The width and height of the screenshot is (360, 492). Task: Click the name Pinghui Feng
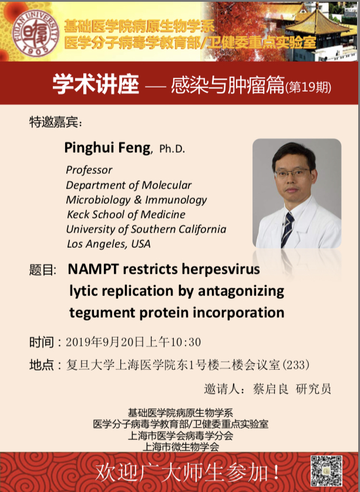(107, 147)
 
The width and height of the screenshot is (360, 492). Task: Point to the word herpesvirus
(223, 270)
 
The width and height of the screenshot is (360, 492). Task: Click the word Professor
(89, 170)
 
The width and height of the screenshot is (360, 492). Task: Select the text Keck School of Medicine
(126, 214)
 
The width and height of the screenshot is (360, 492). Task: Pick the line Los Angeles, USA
(108, 244)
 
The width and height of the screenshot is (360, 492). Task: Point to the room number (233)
(296, 365)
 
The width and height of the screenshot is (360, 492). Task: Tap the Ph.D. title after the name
(172, 149)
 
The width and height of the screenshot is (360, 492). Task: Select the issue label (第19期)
(308, 87)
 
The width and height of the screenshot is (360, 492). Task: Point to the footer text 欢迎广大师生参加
(187, 471)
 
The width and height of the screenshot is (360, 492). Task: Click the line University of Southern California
(146, 229)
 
